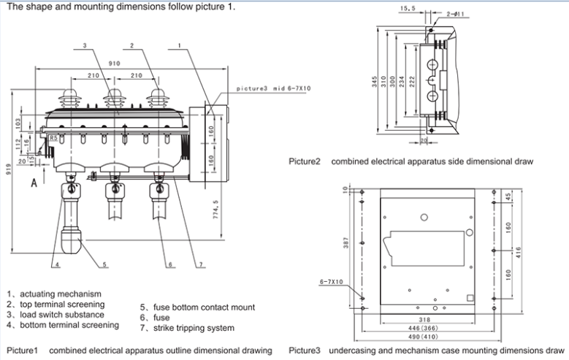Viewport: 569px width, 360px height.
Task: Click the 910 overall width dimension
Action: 115,64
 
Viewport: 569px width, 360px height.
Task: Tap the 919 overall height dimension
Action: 7,177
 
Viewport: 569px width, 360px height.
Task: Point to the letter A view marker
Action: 34,184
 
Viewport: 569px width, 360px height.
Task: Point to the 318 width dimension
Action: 435,320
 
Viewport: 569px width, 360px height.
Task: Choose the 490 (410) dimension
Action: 435,337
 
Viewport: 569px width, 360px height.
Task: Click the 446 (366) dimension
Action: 435,329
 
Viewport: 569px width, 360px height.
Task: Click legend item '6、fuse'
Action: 155,318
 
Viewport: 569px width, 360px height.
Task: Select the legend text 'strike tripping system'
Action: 192,328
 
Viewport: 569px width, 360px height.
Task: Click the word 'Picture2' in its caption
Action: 305,161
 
